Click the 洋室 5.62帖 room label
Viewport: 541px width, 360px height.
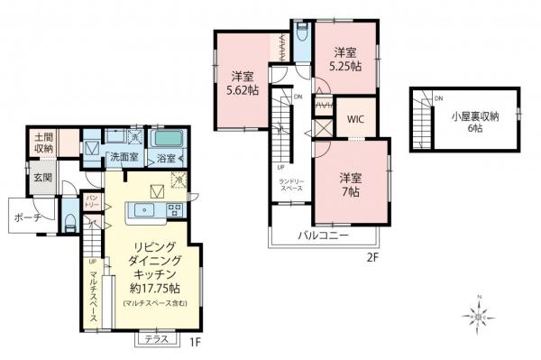coord(240,84)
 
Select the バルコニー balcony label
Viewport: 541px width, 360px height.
coord(323,236)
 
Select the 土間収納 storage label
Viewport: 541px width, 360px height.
coord(42,143)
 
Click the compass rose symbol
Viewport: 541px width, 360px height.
coord(481,316)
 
